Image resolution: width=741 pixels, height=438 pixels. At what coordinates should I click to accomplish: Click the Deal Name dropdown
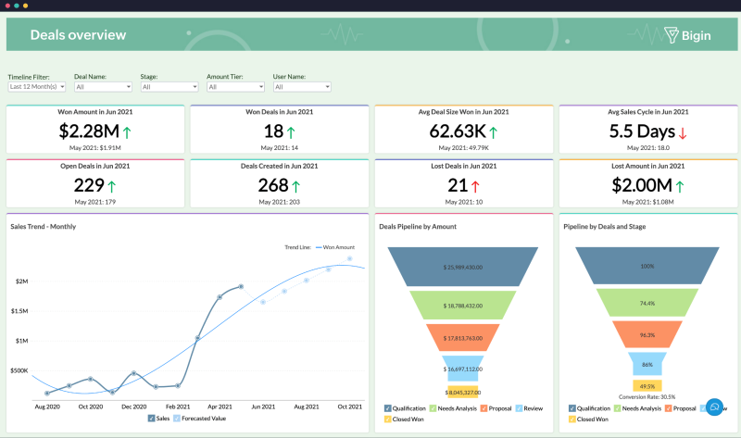[102, 87]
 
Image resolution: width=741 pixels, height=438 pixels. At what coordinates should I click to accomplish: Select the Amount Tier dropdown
[235, 87]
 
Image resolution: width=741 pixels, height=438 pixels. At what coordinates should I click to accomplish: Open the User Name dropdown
[302, 87]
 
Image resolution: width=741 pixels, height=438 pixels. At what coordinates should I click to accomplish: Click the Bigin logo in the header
[688, 35]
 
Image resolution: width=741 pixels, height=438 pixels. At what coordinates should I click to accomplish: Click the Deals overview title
[78, 35]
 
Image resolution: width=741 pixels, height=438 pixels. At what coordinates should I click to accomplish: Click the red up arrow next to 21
[475, 186]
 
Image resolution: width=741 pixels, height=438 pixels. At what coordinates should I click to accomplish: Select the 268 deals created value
[273, 185]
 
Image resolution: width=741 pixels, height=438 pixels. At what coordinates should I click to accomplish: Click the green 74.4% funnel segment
[647, 303]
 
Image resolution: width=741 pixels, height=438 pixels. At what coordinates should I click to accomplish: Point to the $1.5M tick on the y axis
[19, 311]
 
